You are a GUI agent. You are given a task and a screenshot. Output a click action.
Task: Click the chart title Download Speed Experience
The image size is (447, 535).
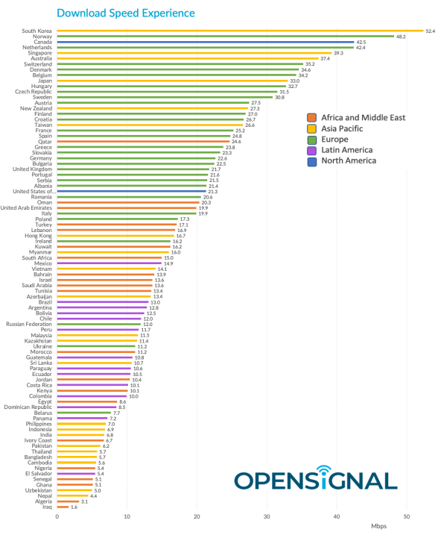[x=126, y=13]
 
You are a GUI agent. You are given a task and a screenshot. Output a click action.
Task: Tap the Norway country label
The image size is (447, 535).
[x=41, y=37]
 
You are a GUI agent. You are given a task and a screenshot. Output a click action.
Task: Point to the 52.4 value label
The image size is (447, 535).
[x=430, y=31]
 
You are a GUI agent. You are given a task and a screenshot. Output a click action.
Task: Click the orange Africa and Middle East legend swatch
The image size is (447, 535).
[x=313, y=118]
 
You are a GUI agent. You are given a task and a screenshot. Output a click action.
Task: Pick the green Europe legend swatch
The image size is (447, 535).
[x=313, y=140]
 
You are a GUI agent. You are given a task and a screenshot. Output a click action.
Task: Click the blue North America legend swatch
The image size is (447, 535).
[x=313, y=160]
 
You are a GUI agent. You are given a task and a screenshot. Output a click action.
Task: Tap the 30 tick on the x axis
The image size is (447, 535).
[x=267, y=516]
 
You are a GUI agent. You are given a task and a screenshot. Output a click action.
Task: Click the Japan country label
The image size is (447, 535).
[x=44, y=81]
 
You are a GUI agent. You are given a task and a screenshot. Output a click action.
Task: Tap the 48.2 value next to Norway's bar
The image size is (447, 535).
[x=400, y=37]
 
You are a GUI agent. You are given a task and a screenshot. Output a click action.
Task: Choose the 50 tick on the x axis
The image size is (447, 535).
[x=407, y=516]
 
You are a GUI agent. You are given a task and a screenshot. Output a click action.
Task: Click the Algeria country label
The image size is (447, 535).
[x=42, y=501]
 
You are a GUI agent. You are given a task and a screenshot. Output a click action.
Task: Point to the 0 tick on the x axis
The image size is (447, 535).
[x=57, y=516]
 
